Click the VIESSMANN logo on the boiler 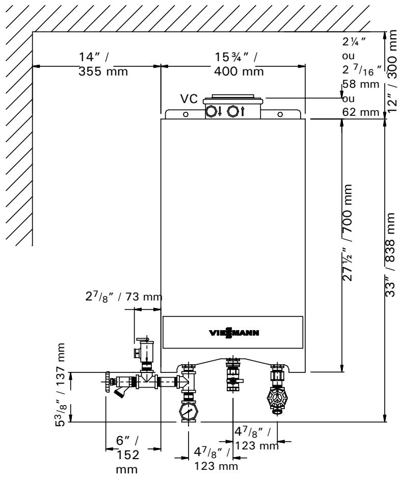point(232,334)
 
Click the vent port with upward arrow point(233,112)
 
